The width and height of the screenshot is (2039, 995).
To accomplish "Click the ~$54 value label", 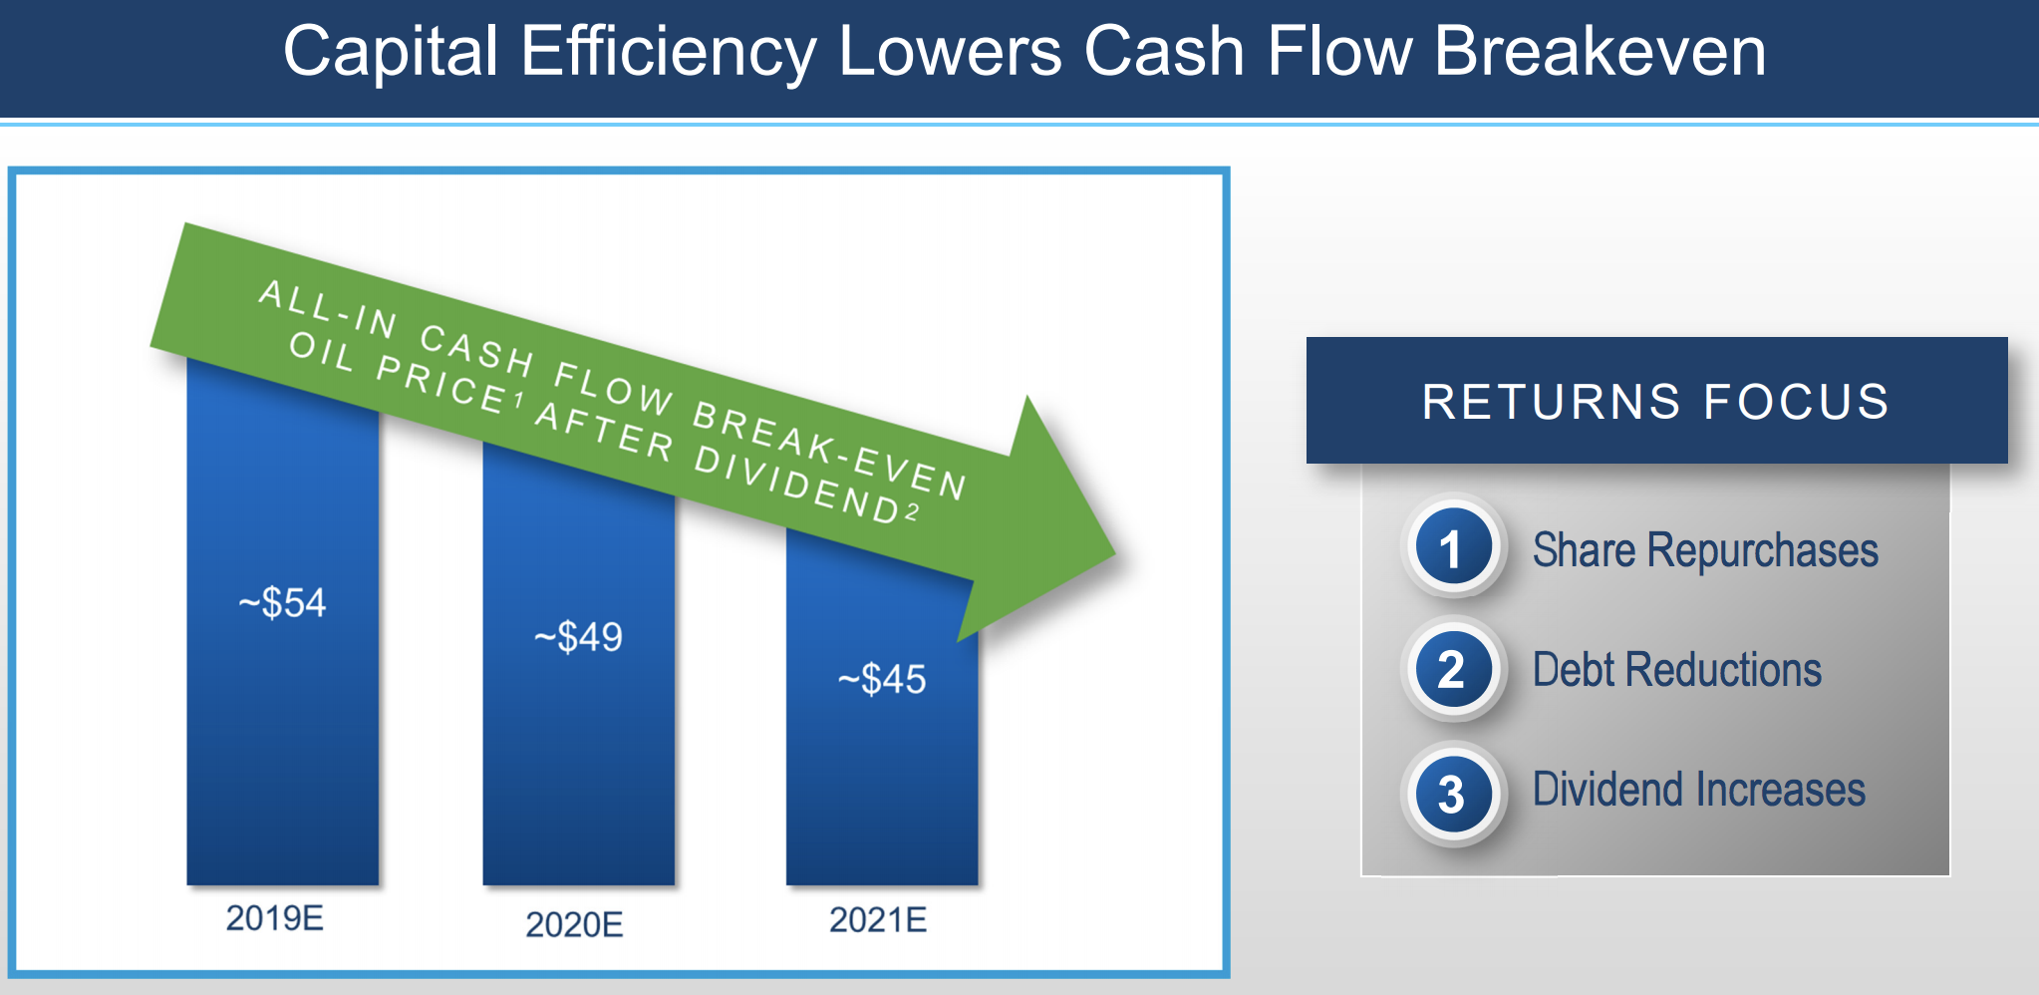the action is point(282,603).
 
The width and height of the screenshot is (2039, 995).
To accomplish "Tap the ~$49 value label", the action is point(578,637).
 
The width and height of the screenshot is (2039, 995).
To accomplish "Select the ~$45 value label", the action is point(882,680).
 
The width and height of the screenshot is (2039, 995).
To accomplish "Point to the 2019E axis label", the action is point(275,918).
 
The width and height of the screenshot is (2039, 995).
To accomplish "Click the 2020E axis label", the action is point(575,925).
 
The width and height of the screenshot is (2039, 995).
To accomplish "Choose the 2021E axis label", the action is point(878,919).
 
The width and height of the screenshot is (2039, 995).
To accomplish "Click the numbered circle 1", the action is point(1453,546).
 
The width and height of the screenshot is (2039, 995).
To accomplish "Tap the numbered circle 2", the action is point(1453,668).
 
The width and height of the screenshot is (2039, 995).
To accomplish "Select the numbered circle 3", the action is point(1453,794).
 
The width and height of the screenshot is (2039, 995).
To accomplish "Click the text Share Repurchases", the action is point(1705,550).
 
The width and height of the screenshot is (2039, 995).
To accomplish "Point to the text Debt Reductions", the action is point(1677,670).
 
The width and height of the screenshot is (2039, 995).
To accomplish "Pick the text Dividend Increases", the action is point(1699,790).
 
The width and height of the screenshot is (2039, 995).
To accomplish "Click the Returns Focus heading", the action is point(1655,402).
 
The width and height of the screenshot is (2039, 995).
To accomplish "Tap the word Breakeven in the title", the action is point(1601,51).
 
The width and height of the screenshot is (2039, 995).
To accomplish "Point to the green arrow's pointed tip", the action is point(1114,554).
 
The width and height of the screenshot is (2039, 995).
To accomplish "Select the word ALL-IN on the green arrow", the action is point(329,308).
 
